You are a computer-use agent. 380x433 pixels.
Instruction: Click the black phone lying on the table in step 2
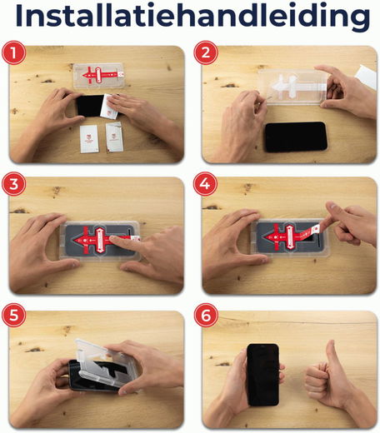(296, 136)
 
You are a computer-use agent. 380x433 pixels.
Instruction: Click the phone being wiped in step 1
(90, 107)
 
